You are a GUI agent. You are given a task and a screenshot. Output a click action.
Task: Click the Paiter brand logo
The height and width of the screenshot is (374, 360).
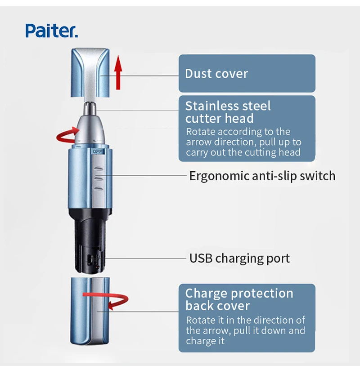tap(52, 31)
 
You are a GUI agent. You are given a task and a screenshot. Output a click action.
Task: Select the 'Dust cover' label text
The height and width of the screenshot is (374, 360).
tap(216, 74)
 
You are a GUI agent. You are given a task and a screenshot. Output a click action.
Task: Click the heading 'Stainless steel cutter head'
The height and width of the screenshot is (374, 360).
tap(228, 112)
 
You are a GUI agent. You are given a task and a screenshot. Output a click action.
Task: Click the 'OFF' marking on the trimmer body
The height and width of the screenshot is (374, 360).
tap(98, 152)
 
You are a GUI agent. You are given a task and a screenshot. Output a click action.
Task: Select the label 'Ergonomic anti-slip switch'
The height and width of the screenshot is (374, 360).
tap(262, 175)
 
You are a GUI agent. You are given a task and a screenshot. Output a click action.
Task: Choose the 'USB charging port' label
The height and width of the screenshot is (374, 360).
tap(239, 258)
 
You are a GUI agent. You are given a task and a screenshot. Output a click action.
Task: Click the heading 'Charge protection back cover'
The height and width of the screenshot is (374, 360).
tap(238, 300)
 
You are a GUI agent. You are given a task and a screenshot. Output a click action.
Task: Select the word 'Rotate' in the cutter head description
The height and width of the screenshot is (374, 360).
tap(200, 132)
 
